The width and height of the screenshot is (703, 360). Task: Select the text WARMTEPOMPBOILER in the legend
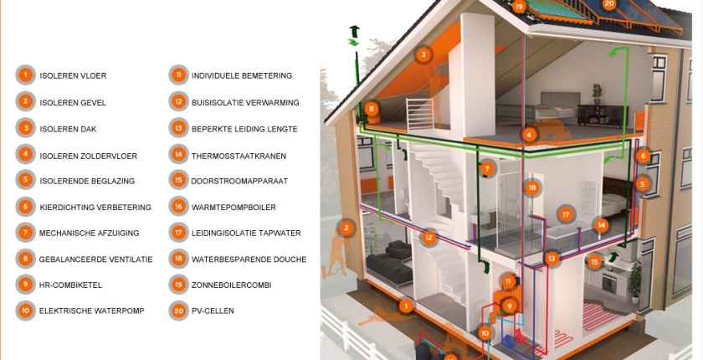(x=233, y=207)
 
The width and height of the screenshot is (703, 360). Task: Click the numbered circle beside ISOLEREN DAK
(x=26, y=128)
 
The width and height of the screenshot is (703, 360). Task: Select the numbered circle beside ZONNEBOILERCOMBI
(x=178, y=285)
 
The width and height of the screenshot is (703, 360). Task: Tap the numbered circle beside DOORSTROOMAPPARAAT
(x=178, y=180)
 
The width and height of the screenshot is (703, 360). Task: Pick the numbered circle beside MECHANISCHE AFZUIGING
(x=26, y=233)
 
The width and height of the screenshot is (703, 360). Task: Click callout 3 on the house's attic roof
(x=424, y=55)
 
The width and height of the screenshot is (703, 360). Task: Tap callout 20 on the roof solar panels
(x=608, y=4)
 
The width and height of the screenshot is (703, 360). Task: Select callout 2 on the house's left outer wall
(x=345, y=227)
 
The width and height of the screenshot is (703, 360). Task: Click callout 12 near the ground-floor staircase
(x=428, y=238)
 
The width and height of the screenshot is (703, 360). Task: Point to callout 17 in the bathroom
(x=567, y=215)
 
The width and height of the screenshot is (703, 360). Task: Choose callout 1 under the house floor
(x=406, y=306)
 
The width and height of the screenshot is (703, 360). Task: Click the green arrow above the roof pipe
(x=353, y=33)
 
